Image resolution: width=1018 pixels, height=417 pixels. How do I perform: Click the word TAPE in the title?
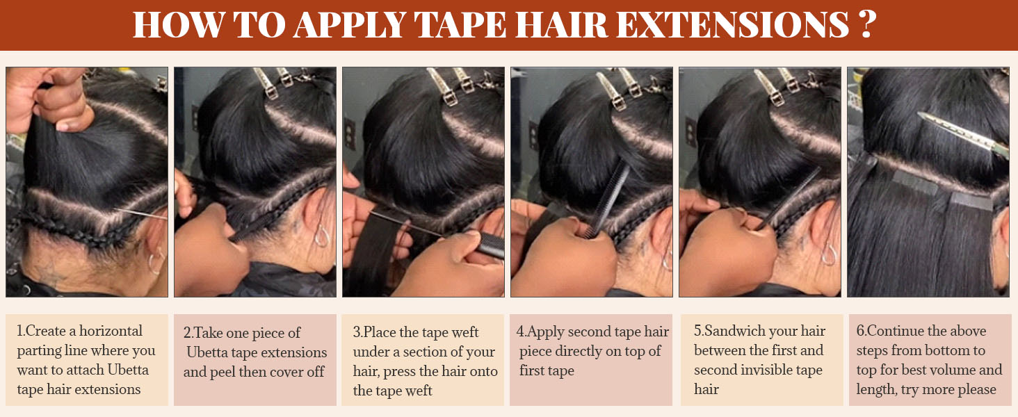pos(460,24)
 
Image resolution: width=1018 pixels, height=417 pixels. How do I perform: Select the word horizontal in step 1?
pos(111,331)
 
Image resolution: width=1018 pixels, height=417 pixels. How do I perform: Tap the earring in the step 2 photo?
pos(322,236)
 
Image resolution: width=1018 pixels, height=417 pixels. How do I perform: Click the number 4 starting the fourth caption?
pos(520,332)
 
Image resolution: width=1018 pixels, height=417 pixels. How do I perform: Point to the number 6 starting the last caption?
pos(860,331)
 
